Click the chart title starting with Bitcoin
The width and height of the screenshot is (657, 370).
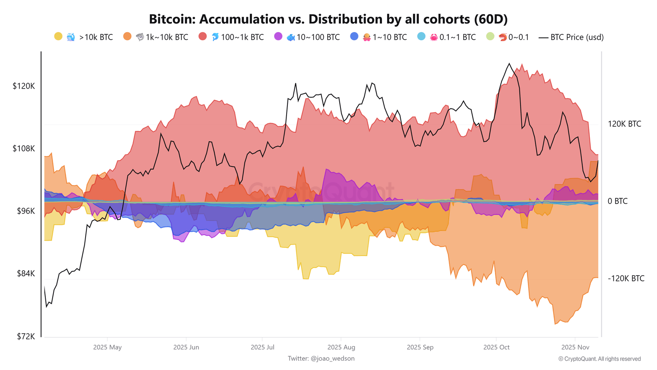tap(328, 19)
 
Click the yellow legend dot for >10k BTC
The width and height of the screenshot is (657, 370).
tap(59, 37)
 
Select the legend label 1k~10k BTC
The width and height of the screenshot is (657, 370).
tap(167, 37)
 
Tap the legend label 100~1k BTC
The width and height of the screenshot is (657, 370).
tap(242, 37)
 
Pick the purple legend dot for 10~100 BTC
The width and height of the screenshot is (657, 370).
tap(278, 37)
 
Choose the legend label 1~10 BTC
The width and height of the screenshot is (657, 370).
tap(389, 37)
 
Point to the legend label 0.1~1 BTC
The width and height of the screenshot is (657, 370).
tap(457, 37)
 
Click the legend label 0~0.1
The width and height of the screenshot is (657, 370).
tap(518, 37)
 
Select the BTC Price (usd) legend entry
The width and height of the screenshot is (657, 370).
tap(571, 37)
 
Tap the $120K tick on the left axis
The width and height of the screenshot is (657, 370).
tap(24, 86)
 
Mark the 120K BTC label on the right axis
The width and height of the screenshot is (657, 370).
tap(624, 124)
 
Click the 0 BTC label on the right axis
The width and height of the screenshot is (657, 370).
tap(617, 201)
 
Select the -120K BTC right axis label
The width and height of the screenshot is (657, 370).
tap(626, 278)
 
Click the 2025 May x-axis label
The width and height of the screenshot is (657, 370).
tap(107, 347)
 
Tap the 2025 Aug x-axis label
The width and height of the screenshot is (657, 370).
tap(341, 347)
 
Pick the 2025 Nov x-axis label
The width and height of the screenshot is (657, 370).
tap(575, 347)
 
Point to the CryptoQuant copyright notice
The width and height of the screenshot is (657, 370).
tap(599, 359)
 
